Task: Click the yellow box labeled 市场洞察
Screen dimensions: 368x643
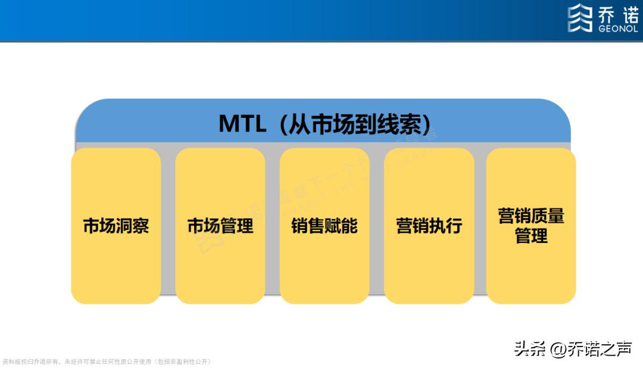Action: point(116,226)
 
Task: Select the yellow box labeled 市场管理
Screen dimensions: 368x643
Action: point(220,226)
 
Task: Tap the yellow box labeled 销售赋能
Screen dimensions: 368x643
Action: point(324,226)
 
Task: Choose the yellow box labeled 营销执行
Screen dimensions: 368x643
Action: point(429,226)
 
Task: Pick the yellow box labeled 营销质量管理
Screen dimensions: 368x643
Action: point(531,226)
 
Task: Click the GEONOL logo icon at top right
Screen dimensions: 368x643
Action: point(580,18)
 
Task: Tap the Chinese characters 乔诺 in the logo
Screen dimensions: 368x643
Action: point(617,14)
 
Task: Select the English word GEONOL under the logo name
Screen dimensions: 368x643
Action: point(617,27)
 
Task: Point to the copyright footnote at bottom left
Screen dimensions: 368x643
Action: point(107,361)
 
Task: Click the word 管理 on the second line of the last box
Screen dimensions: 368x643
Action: point(531,236)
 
